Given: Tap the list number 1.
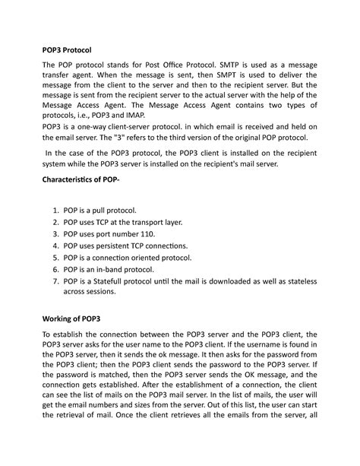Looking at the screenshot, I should (x=55, y=209).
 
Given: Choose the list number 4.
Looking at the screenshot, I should (x=55, y=246).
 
